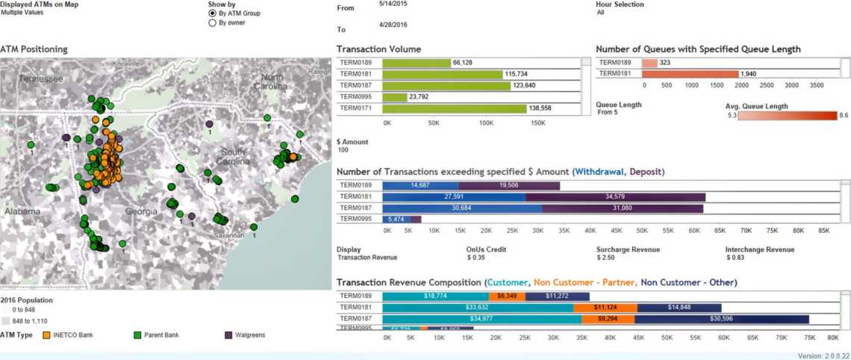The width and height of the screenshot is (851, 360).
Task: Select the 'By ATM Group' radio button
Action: (x=213, y=13)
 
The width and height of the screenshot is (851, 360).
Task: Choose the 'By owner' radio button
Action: (x=213, y=23)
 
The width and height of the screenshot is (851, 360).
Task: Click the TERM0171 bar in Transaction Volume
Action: (x=454, y=108)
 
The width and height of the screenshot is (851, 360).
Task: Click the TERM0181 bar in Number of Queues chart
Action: (x=689, y=74)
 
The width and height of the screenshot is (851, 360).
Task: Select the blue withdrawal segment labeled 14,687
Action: (x=420, y=185)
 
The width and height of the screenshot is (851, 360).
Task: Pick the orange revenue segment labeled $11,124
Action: (x=605, y=307)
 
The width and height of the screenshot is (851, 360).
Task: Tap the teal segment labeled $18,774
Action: (x=435, y=296)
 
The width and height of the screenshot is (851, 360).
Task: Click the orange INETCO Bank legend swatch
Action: (x=47, y=335)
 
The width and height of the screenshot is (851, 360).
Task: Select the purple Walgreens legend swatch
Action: (x=227, y=335)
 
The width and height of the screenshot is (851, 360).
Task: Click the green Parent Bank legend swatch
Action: (x=137, y=335)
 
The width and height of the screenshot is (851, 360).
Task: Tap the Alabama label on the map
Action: (x=22, y=211)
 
